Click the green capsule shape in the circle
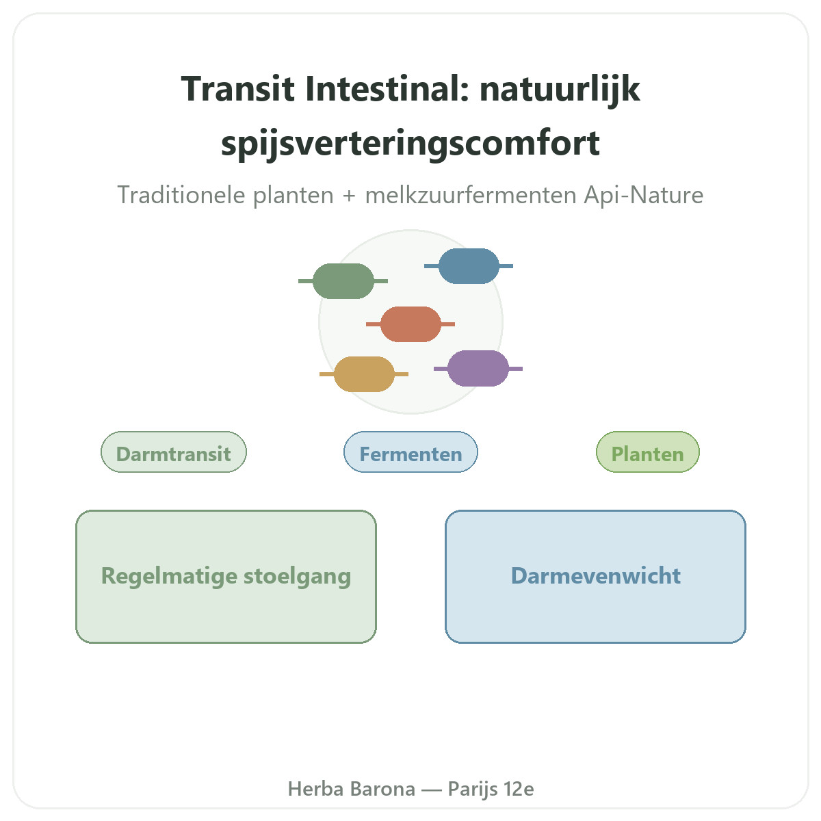tap(343, 281)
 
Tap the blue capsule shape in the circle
tap(468, 266)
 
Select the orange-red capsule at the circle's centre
tap(410, 324)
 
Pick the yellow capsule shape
tap(364, 374)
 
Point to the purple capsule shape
tap(478, 369)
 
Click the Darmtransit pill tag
tap(173, 452)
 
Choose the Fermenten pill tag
tap(410, 452)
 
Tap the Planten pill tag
tap(648, 452)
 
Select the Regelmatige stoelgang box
tap(226, 577)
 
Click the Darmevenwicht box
tap(595, 577)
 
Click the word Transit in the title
tap(237, 89)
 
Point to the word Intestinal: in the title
tap(387, 89)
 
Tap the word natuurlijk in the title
tap(560, 90)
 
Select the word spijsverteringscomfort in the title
tap(410, 144)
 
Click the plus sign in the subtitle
tap(349, 196)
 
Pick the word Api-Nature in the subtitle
tap(643, 195)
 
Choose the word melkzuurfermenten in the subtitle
tap(471, 195)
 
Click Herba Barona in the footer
tap(352, 789)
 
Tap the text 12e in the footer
tap(519, 789)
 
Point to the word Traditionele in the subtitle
tap(183, 195)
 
